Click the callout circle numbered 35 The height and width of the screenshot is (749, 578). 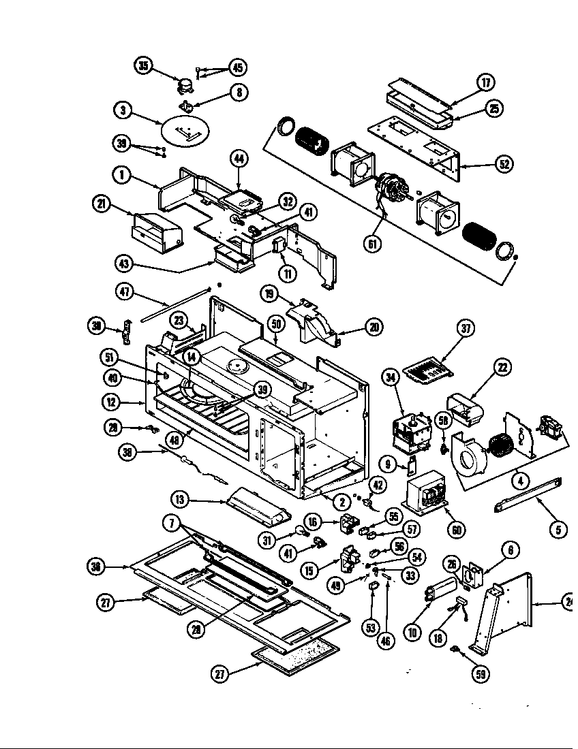tap(144, 66)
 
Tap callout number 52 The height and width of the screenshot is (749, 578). tap(504, 164)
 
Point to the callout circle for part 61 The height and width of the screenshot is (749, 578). tap(373, 244)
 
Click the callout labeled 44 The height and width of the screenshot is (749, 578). tap(239, 159)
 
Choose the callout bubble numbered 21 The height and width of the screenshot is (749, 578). tap(101, 203)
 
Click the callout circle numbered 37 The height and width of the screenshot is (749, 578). tap(466, 329)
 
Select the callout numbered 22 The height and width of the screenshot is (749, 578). tap(502, 368)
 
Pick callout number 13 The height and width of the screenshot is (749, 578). tap(179, 500)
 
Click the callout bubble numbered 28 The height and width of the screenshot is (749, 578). tap(196, 629)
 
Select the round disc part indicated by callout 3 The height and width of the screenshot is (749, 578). tap(185, 130)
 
